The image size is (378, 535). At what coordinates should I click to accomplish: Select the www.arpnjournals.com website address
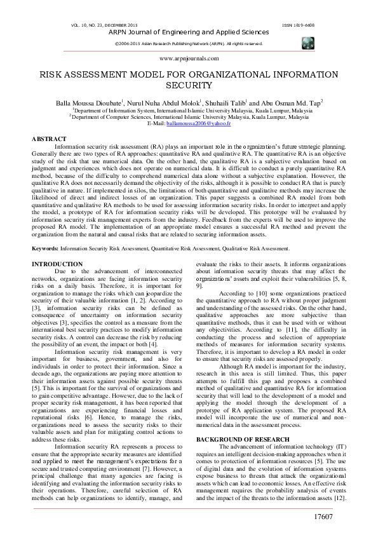coord(189,57)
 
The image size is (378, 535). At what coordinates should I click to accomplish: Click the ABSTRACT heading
coord(49,139)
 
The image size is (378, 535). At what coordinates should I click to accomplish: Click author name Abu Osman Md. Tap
coord(293,102)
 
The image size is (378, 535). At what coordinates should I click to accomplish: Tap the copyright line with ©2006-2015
coord(189,43)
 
